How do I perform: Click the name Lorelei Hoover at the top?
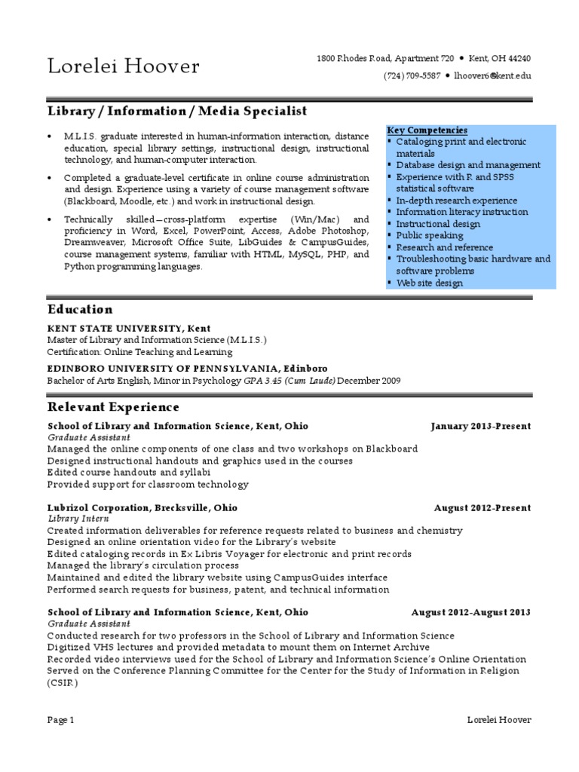[124, 66]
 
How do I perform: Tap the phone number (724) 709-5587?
[412, 76]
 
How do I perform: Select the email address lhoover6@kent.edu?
[493, 76]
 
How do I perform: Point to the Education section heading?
[80, 309]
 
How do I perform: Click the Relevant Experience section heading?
[113, 407]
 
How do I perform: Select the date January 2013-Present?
[481, 426]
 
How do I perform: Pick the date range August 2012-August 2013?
[471, 612]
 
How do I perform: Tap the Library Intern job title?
[79, 519]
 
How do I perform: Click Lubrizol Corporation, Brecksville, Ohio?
[142, 507]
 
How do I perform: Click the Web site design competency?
[430, 283]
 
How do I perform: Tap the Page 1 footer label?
[60, 720]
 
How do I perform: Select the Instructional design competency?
[438, 224]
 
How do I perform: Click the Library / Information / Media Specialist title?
[178, 111]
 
